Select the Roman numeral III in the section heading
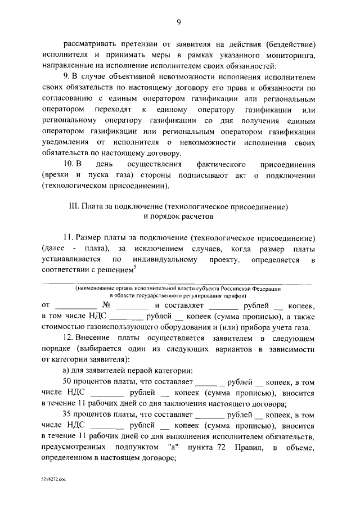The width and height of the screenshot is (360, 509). tap(72, 206)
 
